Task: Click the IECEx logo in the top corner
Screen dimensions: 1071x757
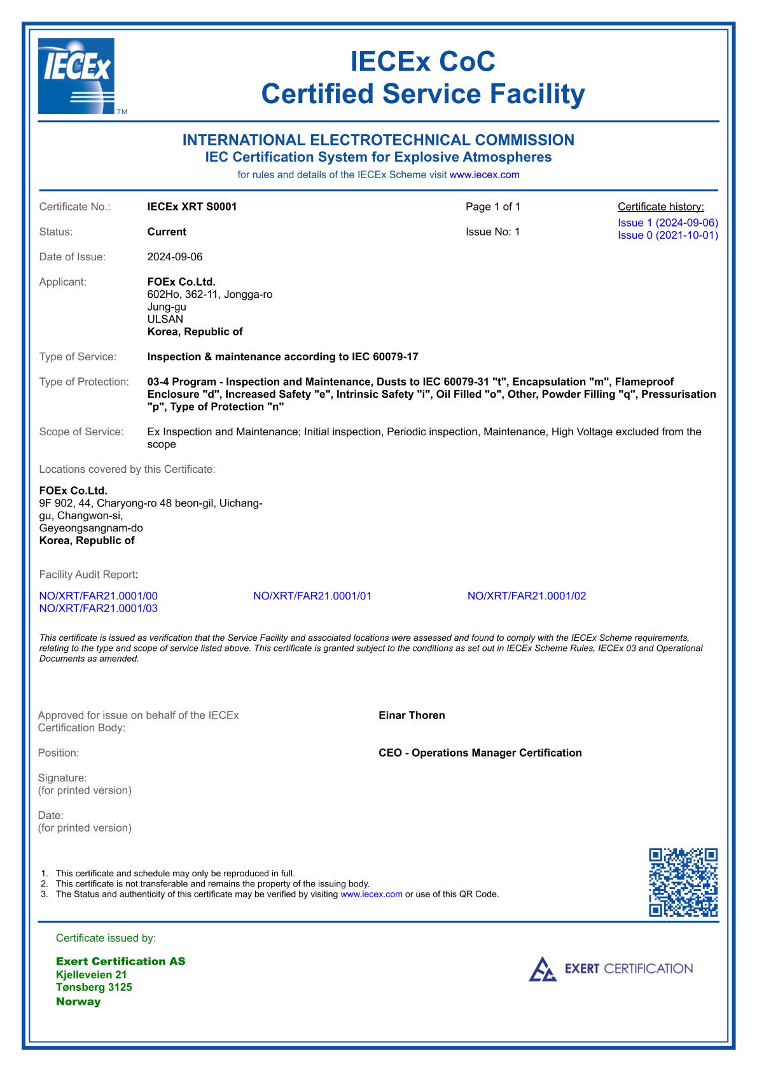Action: coord(76,76)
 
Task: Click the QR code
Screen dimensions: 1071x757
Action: coord(683,882)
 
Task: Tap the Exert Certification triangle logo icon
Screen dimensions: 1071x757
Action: coord(543,969)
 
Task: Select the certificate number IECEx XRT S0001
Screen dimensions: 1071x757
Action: coord(192,207)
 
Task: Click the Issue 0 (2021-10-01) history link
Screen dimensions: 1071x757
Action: coord(667,235)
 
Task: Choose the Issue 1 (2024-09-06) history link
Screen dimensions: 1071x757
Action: coord(667,223)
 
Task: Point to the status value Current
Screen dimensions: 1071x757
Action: coord(167,232)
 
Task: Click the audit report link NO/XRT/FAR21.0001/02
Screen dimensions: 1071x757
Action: coord(527,596)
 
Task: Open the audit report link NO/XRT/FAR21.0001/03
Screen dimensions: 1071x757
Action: coord(99,608)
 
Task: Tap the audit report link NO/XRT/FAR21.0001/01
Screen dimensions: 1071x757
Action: coord(312,596)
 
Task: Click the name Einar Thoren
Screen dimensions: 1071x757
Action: coord(412,715)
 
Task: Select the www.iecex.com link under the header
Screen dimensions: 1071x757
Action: coord(484,174)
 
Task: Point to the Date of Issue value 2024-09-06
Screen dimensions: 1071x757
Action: coord(175,257)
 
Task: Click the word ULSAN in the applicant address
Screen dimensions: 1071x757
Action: coord(165,319)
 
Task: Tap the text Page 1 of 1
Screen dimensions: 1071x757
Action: coord(493,207)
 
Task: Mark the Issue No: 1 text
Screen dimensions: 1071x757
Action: coord(493,232)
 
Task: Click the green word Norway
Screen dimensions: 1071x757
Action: coord(78,1002)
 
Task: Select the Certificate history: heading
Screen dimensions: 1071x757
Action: coord(661,207)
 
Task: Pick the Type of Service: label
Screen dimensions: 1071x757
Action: coord(78,357)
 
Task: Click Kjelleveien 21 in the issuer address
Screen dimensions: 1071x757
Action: coord(92,975)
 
